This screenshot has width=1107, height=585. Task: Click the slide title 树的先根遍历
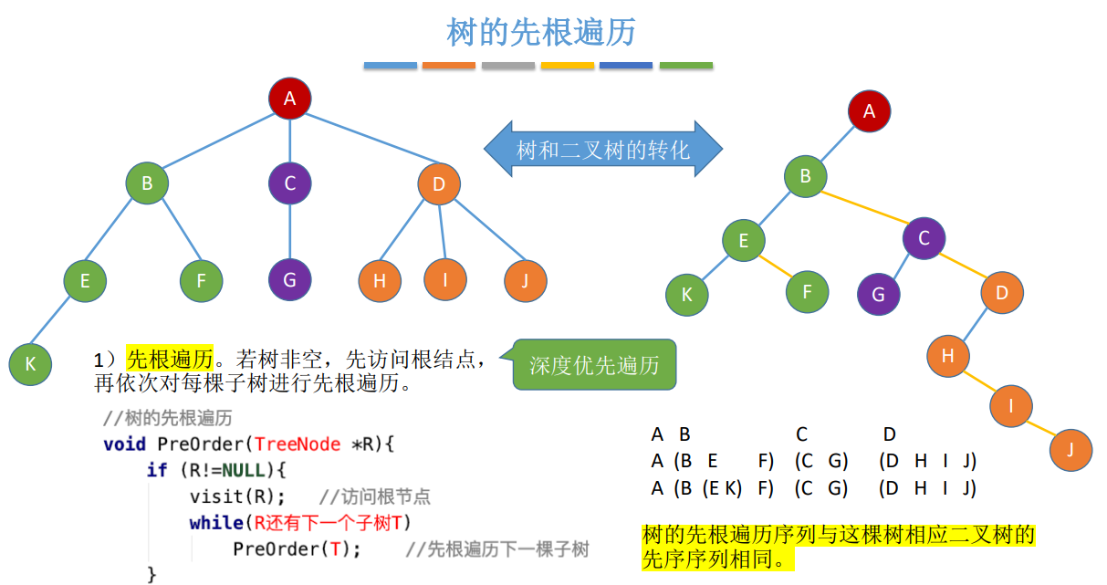click(541, 33)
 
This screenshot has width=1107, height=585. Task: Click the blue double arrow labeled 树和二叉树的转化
click(602, 150)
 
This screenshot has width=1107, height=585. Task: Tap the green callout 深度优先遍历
click(593, 365)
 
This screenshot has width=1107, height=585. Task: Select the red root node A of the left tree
click(290, 99)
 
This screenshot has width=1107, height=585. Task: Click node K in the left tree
click(30, 363)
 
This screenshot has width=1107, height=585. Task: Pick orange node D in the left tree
click(439, 184)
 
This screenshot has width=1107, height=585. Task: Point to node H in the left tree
click(380, 280)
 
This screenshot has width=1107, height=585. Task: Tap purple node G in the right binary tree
click(878, 295)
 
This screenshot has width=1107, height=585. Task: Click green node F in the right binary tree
click(808, 292)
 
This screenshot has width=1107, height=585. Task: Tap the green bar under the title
click(685, 66)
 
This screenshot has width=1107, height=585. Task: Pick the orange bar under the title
click(448, 66)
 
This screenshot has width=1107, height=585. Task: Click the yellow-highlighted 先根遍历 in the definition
click(170, 358)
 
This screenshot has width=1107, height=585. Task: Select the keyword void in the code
click(125, 444)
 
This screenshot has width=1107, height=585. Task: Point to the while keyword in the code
click(216, 523)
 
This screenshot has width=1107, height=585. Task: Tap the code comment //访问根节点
click(375, 497)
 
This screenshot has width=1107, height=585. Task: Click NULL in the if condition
click(243, 471)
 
